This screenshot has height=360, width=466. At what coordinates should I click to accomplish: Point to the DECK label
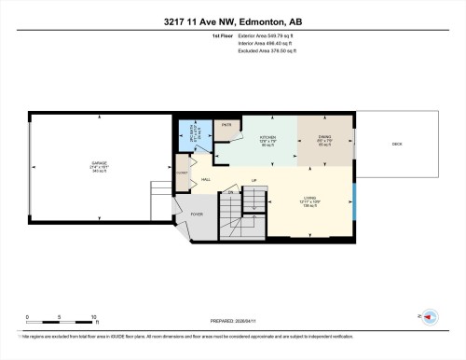coord(396,145)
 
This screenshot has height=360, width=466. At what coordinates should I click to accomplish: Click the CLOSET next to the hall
coord(183,173)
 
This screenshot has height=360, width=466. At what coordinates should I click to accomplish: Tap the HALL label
coord(206,179)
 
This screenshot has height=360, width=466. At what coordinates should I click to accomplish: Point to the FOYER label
coord(197,213)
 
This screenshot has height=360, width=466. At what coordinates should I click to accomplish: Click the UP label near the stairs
coord(254,181)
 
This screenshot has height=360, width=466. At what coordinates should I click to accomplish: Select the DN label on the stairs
coord(232,192)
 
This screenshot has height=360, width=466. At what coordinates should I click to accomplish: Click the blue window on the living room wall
coord(354,199)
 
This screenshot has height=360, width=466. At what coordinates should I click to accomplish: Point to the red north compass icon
coord(430,317)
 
